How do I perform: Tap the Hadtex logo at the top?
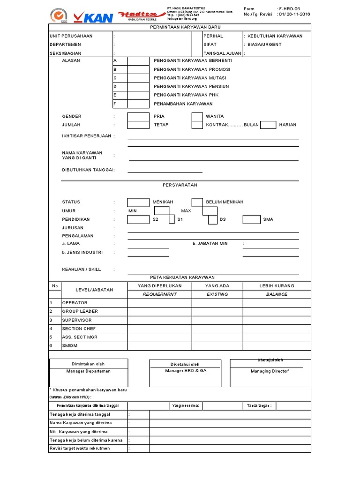pyautogui.click(x=142, y=15)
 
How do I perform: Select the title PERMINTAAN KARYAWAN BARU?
pyautogui.click(x=180, y=28)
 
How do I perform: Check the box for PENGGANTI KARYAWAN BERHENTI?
pyautogui.click(x=138, y=61)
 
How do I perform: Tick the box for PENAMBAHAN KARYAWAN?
pyautogui.click(x=138, y=104)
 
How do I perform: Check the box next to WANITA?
pyautogui.click(x=197, y=116)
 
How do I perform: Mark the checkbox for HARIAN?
pyautogui.click(x=268, y=125)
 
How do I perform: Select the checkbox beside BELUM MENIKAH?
pyautogui.click(x=197, y=202)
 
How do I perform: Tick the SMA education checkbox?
pyautogui.click(x=251, y=219)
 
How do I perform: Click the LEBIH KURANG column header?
pyautogui.click(x=277, y=285)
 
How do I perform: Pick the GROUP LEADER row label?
pyautogui.click(x=80, y=311)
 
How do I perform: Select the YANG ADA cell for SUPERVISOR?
pyautogui.click(x=217, y=320)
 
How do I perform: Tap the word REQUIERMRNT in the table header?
pyautogui.click(x=159, y=294)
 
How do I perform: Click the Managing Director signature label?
pyautogui.click(x=270, y=371)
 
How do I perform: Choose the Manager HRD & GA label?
pyautogui.click(x=186, y=371)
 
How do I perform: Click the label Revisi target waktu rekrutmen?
pyautogui.click(x=80, y=449)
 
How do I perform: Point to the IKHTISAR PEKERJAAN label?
pyautogui.click(x=87, y=136)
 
